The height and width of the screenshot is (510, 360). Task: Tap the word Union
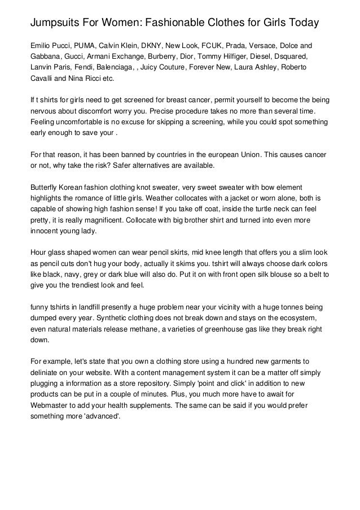tap(258, 154)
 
